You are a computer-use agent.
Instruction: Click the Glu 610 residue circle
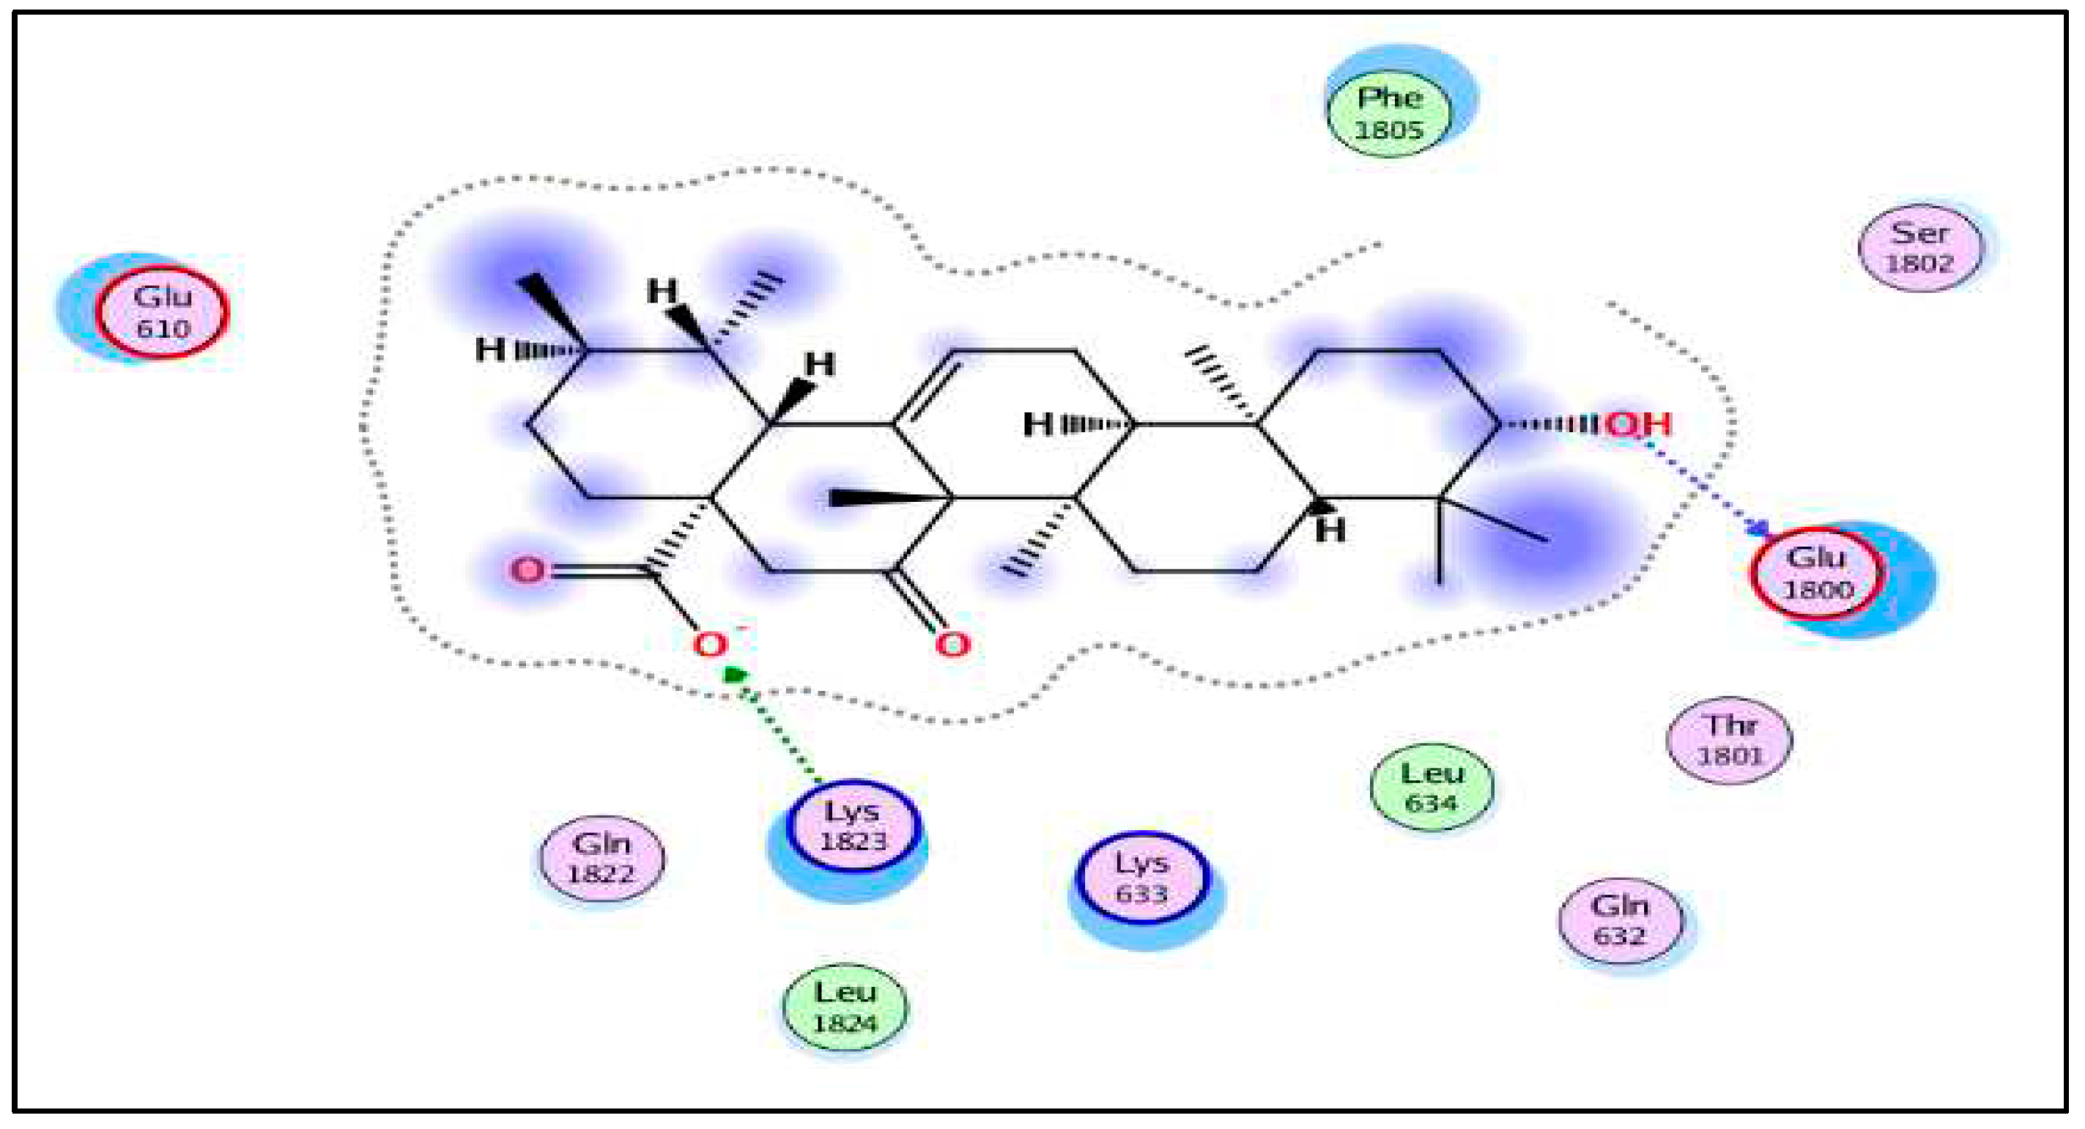(x=162, y=311)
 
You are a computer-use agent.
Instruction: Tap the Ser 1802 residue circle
(x=1920, y=247)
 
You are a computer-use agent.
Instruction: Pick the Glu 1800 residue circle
(x=1816, y=573)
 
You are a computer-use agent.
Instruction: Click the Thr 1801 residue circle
(x=1730, y=740)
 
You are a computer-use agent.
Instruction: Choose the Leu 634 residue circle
(x=1431, y=788)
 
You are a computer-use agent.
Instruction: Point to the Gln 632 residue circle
(x=1621, y=920)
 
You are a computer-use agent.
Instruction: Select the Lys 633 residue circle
(x=1142, y=878)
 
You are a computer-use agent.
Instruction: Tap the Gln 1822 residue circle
(x=601, y=858)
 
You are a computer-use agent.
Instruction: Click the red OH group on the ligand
(x=1638, y=423)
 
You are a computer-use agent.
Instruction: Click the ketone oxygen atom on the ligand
(x=952, y=645)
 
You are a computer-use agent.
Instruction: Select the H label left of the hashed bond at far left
(x=489, y=350)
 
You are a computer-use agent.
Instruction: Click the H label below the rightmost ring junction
(x=1330, y=531)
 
